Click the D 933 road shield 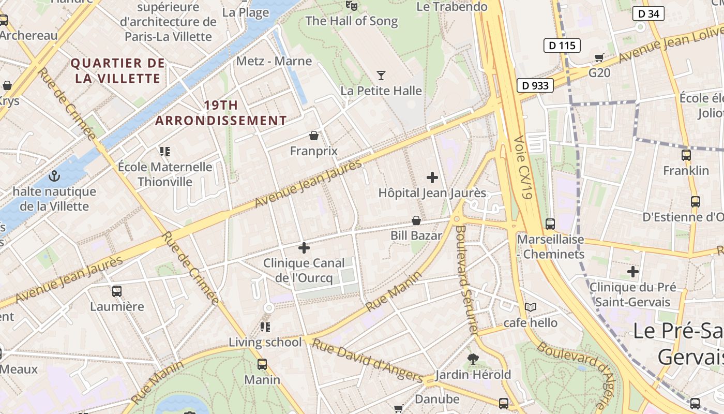click(x=535, y=85)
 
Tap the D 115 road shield click(x=562, y=46)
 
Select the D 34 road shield click(x=648, y=13)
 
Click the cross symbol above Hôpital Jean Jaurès click(x=432, y=178)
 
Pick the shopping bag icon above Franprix click(x=313, y=136)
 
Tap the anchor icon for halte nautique click(x=54, y=176)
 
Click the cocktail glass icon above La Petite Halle click(x=381, y=76)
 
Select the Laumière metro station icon click(x=117, y=291)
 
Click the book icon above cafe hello click(x=530, y=307)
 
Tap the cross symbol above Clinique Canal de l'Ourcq click(x=304, y=248)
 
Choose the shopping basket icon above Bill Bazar click(x=416, y=221)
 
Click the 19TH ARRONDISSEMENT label click(x=221, y=113)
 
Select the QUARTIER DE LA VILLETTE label click(x=118, y=71)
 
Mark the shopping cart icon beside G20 click(x=599, y=57)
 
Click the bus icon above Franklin click(x=686, y=155)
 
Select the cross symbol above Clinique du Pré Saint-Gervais click(x=632, y=272)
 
